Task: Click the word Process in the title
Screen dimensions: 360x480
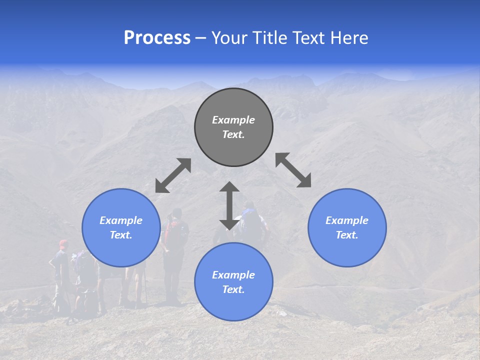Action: (157, 38)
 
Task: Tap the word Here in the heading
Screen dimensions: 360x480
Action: (349, 38)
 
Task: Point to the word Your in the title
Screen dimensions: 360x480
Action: (228, 38)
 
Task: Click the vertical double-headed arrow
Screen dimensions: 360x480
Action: (229, 205)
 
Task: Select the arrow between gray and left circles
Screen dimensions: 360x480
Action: (173, 175)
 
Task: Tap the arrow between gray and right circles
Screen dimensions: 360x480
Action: (293, 170)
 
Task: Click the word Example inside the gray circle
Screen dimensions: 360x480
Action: (233, 120)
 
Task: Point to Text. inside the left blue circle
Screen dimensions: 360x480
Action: (121, 235)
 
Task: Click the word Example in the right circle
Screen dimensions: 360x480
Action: (347, 220)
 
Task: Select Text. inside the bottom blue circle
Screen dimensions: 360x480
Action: (233, 289)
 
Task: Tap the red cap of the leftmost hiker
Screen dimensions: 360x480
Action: (63, 243)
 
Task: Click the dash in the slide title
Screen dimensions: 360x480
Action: (200, 38)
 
